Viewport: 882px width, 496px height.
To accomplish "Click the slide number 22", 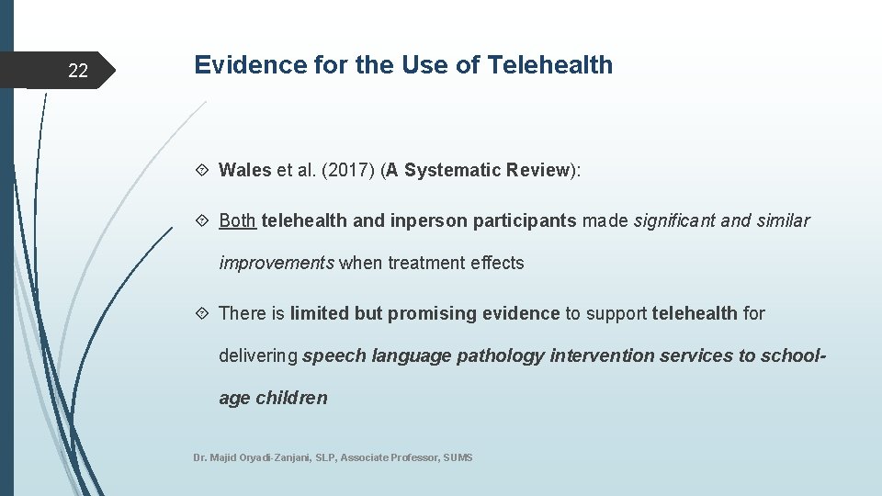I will [x=78, y=72].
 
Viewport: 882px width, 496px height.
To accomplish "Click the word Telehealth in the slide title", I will [x=550, y=65].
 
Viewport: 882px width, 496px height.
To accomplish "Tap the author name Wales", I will [x=245, y=170].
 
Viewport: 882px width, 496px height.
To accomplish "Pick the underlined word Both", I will [x=237, y=220].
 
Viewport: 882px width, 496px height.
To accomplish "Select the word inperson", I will [x=423, y=220].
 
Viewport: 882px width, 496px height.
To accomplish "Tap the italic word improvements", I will [x=277, y=264].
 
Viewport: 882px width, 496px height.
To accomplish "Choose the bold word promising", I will [x=427, y=313].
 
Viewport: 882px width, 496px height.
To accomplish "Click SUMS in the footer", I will [x=458, y=457].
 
